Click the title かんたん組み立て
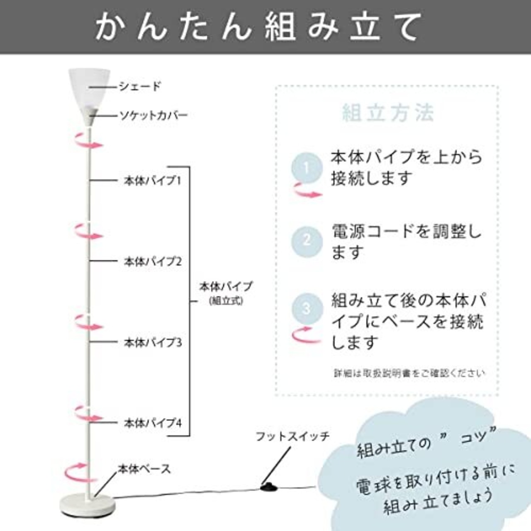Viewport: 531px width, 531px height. (x=258, y=27)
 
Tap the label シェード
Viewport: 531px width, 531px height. (x=140, y=87)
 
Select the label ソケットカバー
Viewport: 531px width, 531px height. (x=153, y=115)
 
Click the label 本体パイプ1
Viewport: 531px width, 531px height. (x=152, y=180)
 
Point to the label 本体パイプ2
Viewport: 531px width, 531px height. (x=153, y=261)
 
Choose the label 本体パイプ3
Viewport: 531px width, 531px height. (x=153, y=342)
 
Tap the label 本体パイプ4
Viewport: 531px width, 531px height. (x=153, y=422)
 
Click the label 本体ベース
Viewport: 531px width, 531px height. (x=144, y=469)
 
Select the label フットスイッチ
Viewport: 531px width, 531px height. (x=292, y=436)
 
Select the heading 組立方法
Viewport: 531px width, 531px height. (x=388, y=112)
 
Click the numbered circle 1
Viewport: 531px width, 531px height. (x=307, y=168)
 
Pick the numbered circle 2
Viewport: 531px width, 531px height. (x=307, y=241)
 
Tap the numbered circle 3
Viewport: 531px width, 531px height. (x=307, y=309)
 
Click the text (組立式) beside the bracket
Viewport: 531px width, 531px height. (x=226, y=301)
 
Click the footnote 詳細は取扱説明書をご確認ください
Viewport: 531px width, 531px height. (x=409, y=373)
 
